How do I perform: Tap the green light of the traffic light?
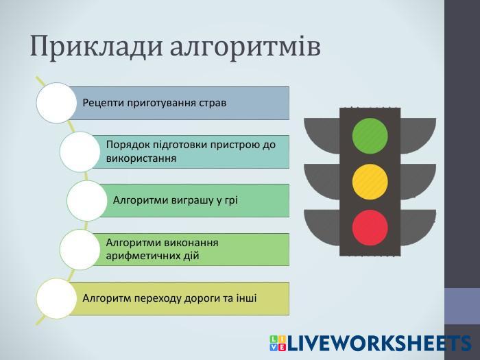[370, 136]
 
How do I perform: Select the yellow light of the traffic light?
[370, 181]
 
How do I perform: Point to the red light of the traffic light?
[370, 227]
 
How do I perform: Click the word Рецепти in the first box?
[102, 103]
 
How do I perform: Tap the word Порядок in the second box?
[127, 145]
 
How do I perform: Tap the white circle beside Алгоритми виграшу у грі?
[86, 200]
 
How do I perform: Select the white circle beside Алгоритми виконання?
[80, 249]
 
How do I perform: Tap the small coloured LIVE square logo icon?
[278, 344]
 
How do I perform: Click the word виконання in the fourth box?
[189, 242]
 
